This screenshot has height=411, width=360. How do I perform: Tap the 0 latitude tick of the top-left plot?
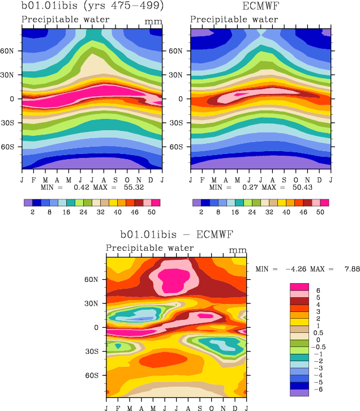(x=15, y=99)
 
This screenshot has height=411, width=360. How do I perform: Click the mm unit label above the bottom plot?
(x=238, y=250)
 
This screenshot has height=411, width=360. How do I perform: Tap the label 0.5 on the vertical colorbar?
(x=319, y=332)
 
